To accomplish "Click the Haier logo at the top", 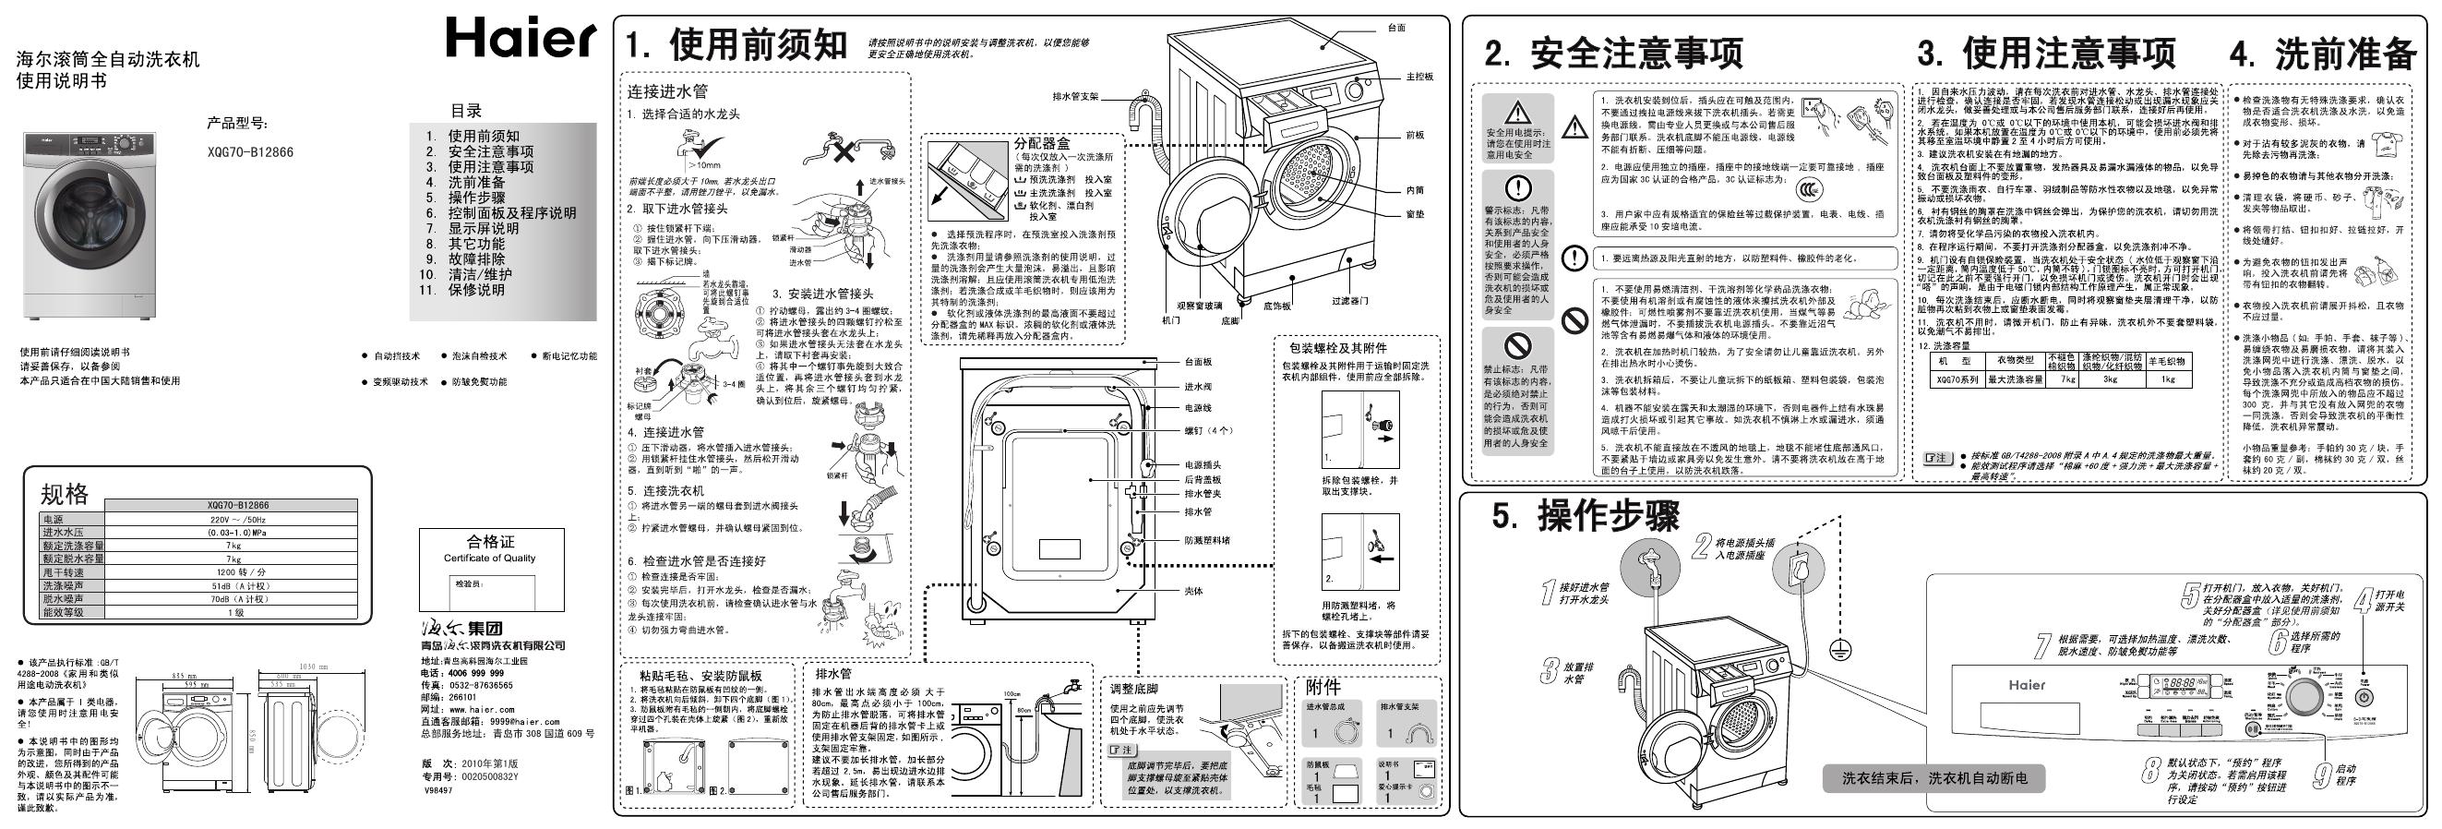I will point(521,40).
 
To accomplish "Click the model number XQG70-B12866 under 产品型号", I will point(250,151).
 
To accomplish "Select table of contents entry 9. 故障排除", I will point(465,258).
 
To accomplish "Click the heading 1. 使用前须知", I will point(736,45).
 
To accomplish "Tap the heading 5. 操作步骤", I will point(1585,517).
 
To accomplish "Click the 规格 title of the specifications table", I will point(65,493).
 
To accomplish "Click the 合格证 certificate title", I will point(491,542).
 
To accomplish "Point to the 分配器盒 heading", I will point(1042,144).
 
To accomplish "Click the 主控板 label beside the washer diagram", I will point(1419,77).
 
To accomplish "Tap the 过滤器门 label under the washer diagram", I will point(1349,301).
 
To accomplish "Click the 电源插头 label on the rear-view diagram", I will point(1202,464).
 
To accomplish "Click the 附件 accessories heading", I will point(1323,687).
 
